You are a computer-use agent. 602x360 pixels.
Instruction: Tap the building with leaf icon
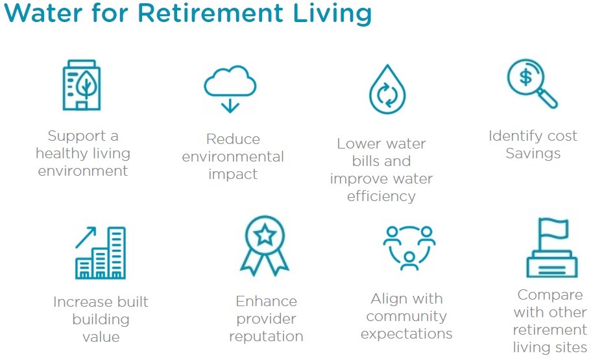tap(81, 85)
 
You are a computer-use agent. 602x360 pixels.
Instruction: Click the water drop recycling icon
tap(387, 89)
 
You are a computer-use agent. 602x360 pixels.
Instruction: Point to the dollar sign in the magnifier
tap(525, 78)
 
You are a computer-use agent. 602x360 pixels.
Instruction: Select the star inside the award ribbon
tap(265, 235)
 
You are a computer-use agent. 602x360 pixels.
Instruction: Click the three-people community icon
tap(409, 248)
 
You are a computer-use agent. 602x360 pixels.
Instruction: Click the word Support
tap(77, 136)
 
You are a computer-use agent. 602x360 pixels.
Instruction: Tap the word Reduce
tap(233, 139)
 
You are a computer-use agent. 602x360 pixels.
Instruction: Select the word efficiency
tap(381, 197)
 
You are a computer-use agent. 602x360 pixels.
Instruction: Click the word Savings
tap(533, 154)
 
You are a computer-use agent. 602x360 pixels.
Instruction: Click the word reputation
tap(267, 337)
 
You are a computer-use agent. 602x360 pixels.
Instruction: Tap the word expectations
tap(407, 334)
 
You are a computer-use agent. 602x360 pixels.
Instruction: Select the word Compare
tap(550, 295)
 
